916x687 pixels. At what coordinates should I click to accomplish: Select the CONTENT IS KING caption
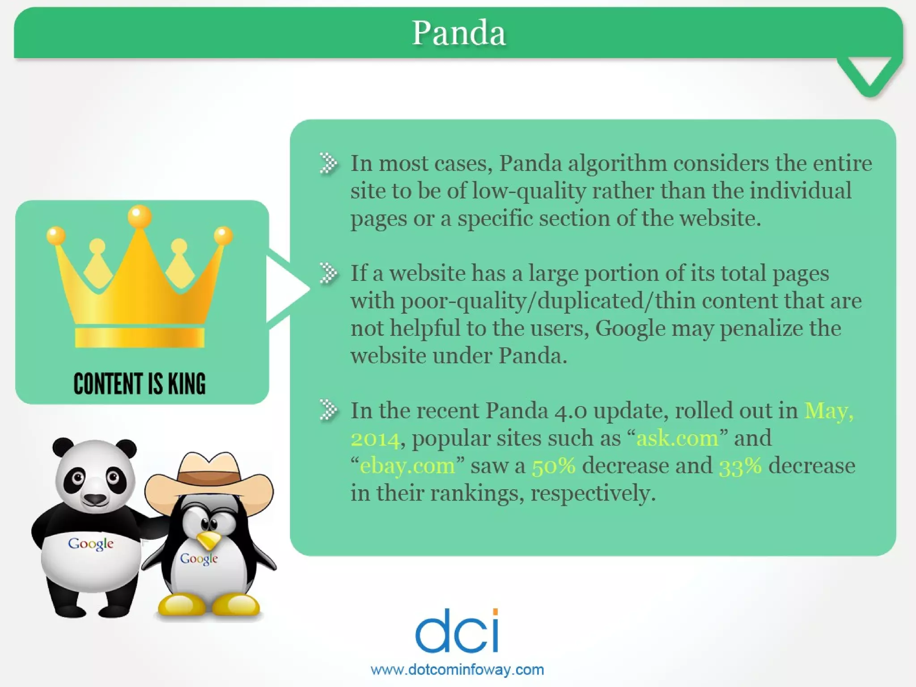click(140, 384)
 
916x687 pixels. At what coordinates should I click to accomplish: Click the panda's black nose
click(95, 498)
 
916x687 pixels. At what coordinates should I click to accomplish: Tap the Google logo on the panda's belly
click(91, 544)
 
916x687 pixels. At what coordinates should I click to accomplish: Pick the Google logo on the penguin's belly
click(199, 559)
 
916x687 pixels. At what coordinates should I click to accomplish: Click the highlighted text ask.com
click(677, 438)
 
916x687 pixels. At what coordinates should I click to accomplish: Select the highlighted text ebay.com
click(407, 466)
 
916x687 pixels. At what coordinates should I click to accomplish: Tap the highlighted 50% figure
click(554, 466)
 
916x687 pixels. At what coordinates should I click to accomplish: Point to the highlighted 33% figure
click(740, 466)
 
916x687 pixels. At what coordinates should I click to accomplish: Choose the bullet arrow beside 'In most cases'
click(329, 163)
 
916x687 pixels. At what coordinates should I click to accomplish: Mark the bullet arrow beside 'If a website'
click(329, 273)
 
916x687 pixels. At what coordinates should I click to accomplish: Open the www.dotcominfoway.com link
click(457, 670)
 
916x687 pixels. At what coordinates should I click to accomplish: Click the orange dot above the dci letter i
click(495, 612)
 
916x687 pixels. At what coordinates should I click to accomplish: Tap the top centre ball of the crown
click(140, 216)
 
